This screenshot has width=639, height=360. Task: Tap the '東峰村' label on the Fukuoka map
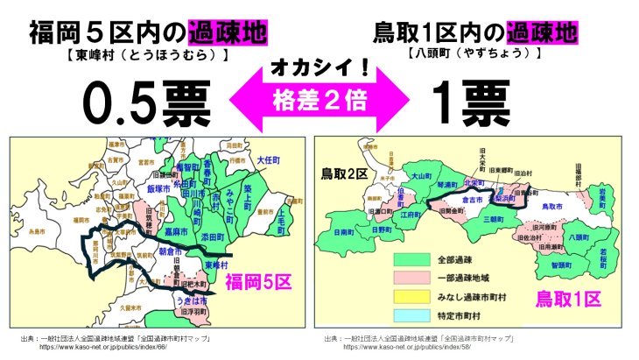coord(220,265)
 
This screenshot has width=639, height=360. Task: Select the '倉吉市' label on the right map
coord(487,200)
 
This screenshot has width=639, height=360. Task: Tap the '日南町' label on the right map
coord(344,233)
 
